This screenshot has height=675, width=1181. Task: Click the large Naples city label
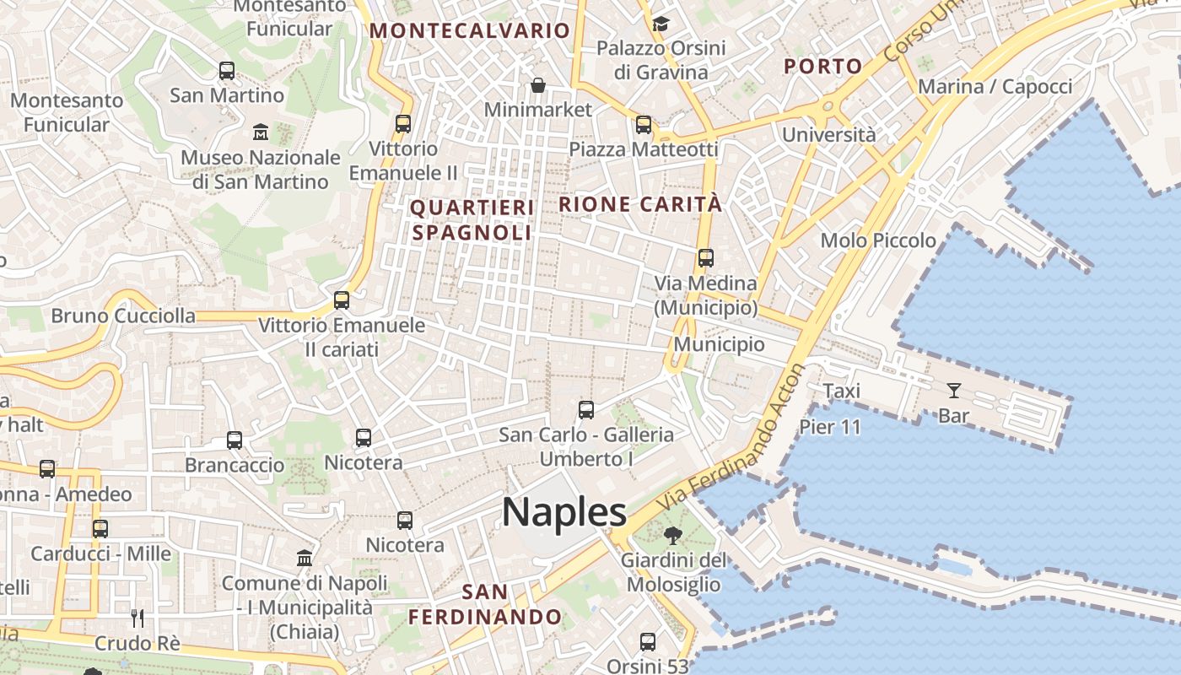564,511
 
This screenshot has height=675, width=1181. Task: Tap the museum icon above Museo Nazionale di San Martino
261,132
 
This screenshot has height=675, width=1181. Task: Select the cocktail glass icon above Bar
953,390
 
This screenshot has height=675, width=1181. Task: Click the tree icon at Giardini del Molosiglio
672,534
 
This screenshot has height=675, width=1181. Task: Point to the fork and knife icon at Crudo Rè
138,618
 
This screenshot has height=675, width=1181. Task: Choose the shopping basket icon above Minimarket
537,85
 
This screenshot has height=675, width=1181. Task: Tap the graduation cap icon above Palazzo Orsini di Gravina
661,24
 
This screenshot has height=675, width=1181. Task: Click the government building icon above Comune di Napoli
305,558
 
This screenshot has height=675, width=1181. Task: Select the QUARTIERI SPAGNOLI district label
472,220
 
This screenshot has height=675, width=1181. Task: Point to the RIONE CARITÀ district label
640,204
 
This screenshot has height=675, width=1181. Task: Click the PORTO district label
822,66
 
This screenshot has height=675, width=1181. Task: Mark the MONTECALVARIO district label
470,31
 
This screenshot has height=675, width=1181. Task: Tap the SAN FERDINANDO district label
485,604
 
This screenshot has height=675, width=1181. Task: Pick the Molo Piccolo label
878,240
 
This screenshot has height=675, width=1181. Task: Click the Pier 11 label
830,427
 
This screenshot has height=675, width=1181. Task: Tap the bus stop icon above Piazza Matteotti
644,125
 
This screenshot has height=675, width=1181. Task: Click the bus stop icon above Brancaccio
235,440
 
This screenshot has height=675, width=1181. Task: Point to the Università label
828,134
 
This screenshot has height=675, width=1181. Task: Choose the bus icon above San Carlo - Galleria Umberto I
586,410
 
